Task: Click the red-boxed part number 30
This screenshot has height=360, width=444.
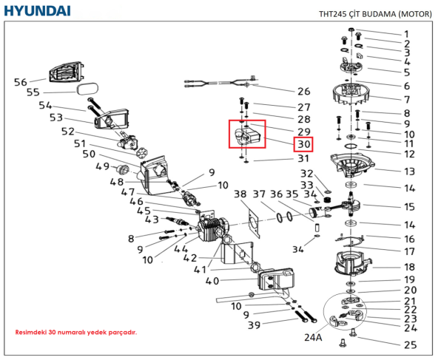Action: tap(304, 144)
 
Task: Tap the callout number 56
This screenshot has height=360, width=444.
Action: tap(21, 82)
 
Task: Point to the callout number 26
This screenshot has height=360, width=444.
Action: tap(303, 92)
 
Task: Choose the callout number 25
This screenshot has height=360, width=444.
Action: tap(410, 345)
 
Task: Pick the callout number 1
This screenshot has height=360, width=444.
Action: tap(406, 34)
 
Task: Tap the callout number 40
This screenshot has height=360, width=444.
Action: tap(212, 281)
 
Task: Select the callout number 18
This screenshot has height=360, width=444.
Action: tap(409, 266)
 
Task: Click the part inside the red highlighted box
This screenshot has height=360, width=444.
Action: tap(247, 136)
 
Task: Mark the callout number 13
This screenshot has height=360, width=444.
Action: tap(409, 171)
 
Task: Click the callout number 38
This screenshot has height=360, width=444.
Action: tap(240, 194)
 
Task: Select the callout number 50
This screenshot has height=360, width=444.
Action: tap(89, 154)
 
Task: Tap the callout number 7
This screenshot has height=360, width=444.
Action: tap(406, 99)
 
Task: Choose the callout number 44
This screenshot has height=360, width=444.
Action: tap(181, 250)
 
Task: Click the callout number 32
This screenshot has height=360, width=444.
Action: tap(306, 173)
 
